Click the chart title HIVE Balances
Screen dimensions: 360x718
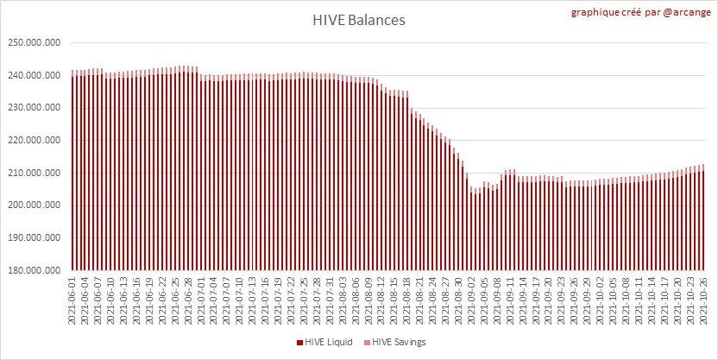coord(358,19)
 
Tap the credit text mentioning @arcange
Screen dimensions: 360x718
coord(641,14)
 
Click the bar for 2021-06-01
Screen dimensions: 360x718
coord(72,173)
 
